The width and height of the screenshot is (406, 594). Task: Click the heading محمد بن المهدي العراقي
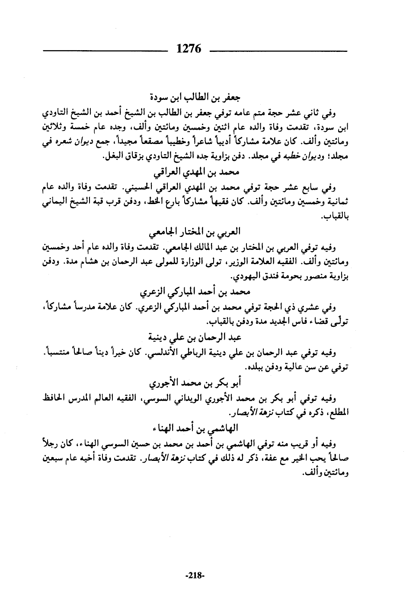pyautogui.click(x=196, y=172)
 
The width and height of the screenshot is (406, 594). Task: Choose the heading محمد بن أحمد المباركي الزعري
pyautogui.click(x=197, y=292)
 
